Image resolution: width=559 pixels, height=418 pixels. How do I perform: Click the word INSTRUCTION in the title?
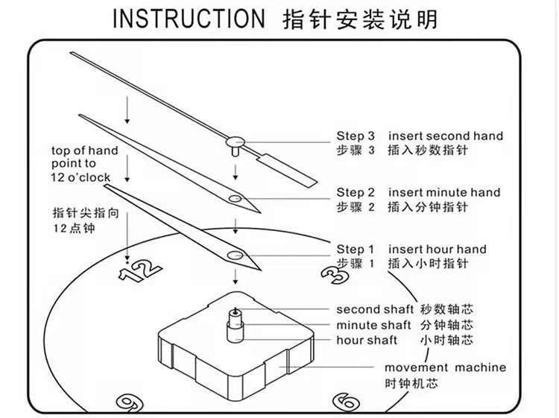[x=188, y=19]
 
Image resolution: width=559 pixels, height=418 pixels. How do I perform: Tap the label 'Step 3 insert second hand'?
[x=420, y=136]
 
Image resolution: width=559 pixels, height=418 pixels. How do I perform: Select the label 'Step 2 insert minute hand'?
[x=418, y=192]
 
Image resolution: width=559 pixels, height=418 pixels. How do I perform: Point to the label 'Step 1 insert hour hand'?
[x=411, y=249]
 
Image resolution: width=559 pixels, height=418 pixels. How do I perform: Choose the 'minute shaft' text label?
[x=373, y=325]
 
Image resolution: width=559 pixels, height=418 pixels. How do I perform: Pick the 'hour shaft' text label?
[x=367, y=341]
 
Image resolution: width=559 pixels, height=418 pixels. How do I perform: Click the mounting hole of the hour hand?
[x=239, y=256]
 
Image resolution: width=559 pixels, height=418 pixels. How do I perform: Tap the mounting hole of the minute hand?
[x=236, y=199]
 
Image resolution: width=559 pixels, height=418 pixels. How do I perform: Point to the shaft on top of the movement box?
[x=236, y=322]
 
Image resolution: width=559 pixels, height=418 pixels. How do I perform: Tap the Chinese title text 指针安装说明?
[x=361, y=19]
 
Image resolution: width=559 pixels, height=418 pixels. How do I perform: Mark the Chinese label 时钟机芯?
[x=410, y=384]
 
